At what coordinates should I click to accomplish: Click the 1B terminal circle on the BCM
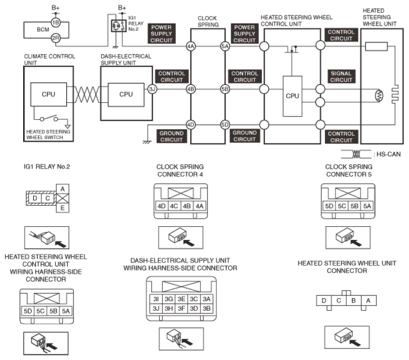click(x=56, y=23)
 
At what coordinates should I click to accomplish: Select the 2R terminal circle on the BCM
click(x=56, y=38)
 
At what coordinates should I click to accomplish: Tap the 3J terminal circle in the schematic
click(x=152, y=89)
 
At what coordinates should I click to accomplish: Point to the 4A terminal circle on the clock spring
click(x=191, y=46)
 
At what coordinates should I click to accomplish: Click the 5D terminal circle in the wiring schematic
click(x=225, y=124)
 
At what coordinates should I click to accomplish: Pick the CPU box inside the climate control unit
click(x=48, y=94)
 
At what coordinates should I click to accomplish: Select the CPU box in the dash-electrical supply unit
click(x=126, y=94)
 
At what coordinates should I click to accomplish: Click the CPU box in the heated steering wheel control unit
click(x=292, y=96)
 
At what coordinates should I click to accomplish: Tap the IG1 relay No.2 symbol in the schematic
click(x=119, y=26)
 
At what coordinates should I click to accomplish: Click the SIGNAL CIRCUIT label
click(x=341, y=77)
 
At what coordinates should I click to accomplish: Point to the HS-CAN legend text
click(x=389, y=154)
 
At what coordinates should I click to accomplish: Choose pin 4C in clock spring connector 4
click(x=174, y=206)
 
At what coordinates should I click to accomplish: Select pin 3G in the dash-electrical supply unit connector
click(x=169, y=299)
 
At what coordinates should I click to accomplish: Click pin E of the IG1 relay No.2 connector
click(x=62, y=208)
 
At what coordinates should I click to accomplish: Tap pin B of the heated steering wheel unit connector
click(x=353, y=301)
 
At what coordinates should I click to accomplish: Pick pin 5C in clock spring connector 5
click(x=342, y=206)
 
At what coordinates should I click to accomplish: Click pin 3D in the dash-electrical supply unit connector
click(x=194, y=309)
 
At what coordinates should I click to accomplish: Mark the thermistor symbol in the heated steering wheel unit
click(x=379, y=96)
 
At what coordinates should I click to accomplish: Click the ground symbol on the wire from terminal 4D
click(x=147, y=142)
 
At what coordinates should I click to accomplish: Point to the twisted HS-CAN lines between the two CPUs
click(x=87, y=94)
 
